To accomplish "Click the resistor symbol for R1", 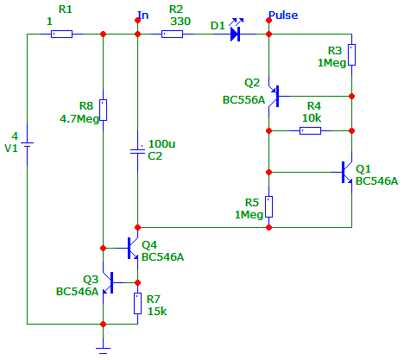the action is click(61, 34).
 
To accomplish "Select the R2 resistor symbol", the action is click(172, 34).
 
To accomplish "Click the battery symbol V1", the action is click(28, 144).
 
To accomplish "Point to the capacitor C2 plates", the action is click(137, 151).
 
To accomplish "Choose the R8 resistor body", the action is click(103, 110).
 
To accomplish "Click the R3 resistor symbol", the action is click(351, 54).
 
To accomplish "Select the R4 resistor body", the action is click(310, 130).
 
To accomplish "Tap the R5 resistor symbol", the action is click(268, 206).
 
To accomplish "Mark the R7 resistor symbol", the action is click(137, 303).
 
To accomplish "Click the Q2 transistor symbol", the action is click(275, 96).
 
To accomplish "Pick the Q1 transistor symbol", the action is click(347, 172).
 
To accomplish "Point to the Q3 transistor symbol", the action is click(109, 282).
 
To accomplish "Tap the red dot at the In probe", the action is click(137, 20).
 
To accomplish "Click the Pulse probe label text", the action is click(283, 15).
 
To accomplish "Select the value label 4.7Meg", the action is click(79, 118).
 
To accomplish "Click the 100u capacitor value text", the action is click(161, 143).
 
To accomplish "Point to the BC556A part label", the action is click(243, 100).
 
